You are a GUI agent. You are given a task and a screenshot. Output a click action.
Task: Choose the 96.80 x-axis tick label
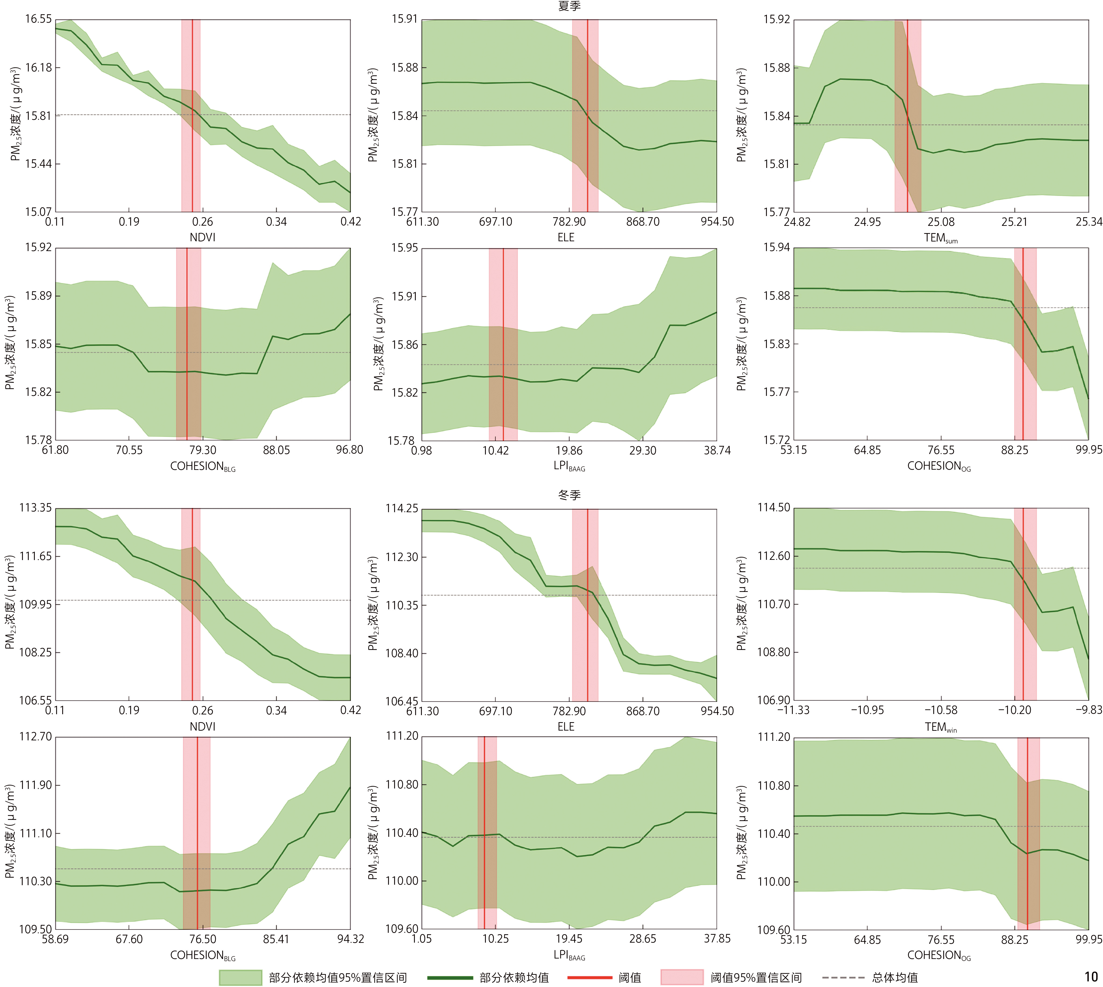(x=350, y=450)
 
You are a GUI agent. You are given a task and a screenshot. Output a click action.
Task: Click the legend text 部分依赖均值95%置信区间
(x=337, y=978)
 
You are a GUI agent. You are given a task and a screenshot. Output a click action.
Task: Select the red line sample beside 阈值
(x=590, y=977)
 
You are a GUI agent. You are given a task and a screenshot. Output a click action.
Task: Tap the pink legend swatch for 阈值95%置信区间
(x=682, y=977)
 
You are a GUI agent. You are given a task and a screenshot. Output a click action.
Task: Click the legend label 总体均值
(x=895, y=978)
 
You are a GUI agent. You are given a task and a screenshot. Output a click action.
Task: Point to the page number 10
(x=1091, y=977)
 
